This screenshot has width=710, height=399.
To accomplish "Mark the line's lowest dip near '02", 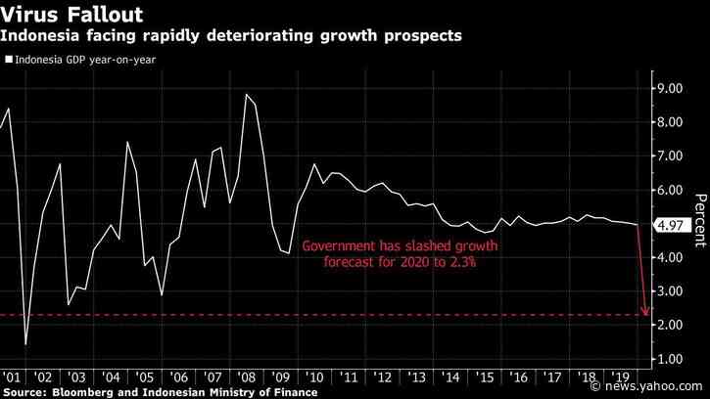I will coord(26,344).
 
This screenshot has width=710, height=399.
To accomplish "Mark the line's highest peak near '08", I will coord(246,95).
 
